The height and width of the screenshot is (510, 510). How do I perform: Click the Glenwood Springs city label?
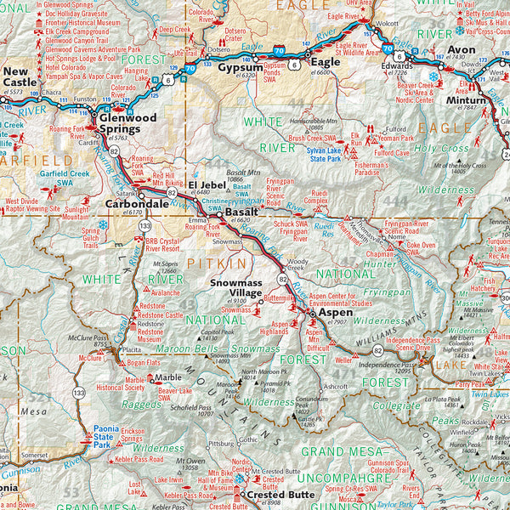coord(128,123)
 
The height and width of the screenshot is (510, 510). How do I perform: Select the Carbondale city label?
coord(137,205)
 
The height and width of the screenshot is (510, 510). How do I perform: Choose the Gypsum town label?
coord(240,66)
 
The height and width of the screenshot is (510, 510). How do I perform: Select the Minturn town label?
coord(467,100)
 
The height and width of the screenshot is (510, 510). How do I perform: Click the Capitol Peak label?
coord(218,334)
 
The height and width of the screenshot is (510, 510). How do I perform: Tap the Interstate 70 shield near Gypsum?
coord(278,53)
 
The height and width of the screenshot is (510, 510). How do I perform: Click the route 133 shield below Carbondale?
coord(145,225)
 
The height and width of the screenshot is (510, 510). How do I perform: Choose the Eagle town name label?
coord(324,62)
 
